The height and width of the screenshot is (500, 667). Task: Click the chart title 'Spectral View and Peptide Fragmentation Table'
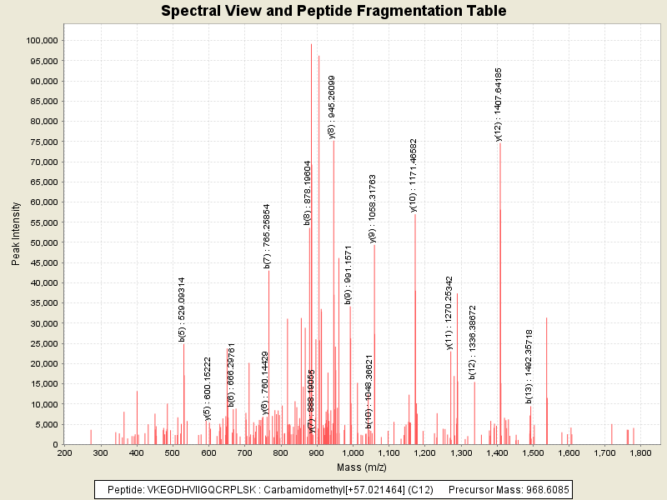(333, 12)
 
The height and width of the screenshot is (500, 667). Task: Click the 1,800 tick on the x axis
(640, 452)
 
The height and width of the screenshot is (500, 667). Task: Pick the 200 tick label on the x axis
(64, 452)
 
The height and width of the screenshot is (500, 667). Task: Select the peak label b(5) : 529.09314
(182, 309)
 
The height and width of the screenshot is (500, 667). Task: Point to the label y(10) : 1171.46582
(413, 175)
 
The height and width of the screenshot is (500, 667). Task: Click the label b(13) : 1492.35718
(529, 366)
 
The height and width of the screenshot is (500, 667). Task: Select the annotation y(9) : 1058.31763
(372, 208)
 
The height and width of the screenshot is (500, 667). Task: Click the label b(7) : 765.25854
(267, 236)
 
